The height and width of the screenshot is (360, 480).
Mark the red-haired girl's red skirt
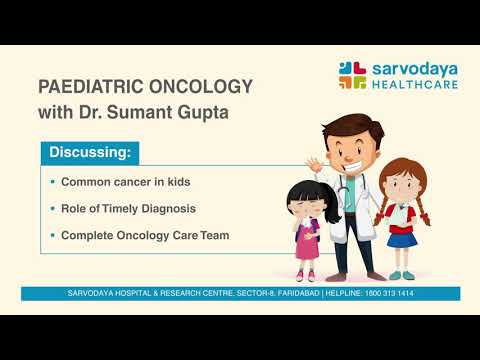pyautogui.click(x=402, y=237)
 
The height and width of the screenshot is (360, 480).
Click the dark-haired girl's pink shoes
pyautogui.click(x=305, y=275)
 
